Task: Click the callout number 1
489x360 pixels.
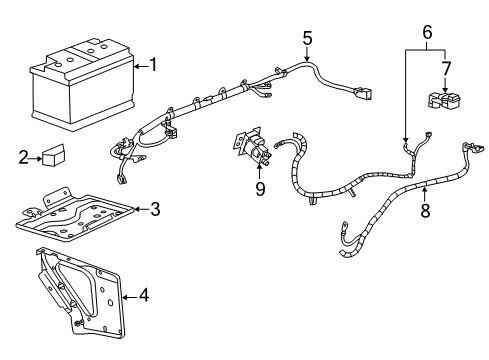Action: (x=153, y=65)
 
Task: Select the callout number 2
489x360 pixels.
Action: (x=23, y=156)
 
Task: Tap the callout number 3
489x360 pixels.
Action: (x=154, y=209)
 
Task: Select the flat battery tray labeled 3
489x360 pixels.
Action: (x=75, y=216)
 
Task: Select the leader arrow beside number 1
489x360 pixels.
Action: (x=139, y=65)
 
